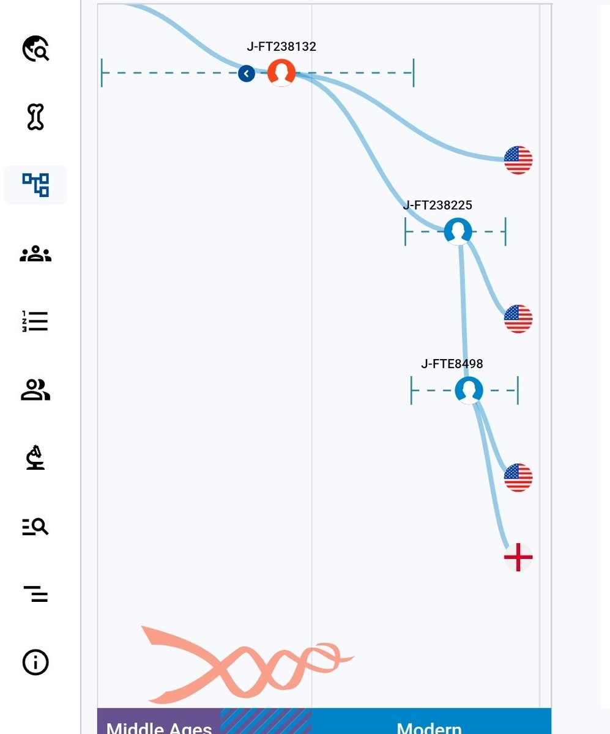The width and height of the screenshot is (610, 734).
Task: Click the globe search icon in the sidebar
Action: pyautogui.click(x=35, y=48)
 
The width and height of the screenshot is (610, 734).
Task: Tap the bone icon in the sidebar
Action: pyautogui.click(x=35, y=117)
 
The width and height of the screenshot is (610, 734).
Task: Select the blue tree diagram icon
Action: pyautogui.click(x=35, y=185)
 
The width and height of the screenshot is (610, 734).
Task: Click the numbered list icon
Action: pyautogui.click(x=35, y=321)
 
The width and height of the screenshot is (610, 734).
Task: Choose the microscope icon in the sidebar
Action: pyautogui.click(x=35, y=458)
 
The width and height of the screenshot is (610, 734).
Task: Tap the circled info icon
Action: pyautogui.click(x=35, y=662)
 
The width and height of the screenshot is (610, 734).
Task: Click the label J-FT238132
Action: pyautogui.click(x=281, y=46)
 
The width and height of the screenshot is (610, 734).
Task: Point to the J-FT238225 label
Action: pyautogui.click(x=437, y=206)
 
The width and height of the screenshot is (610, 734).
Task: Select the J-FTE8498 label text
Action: pyautogui.click(x=452, y=364)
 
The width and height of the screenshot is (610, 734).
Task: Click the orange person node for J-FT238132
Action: pyautogui.click(x=281, y=73)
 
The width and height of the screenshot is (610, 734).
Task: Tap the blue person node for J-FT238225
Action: pyautogui.click(x=458, y=232)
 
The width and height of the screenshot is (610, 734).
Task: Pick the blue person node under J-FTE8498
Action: pyautogui.click(x=469, y=390)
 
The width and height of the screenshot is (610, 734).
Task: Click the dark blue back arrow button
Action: pyautogui.click(x=247, y=74)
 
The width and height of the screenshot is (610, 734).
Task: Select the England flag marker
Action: pyautogui.click(x=518, y=557)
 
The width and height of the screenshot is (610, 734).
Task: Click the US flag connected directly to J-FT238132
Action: pyautogui.click(x=518, y=160)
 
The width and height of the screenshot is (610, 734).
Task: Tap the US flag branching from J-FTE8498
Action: pyautogui.click(x=518, y=477)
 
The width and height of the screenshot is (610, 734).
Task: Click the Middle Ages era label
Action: pyautogui.click(x=159, y=727)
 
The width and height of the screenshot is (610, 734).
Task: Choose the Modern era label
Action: pyautogui.click(x=429, y=727)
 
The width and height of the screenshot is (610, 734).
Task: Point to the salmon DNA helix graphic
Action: pyautogui.click(x=248, y=665)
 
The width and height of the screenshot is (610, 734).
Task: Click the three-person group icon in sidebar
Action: pyautogui.click(x=35, y=253)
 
